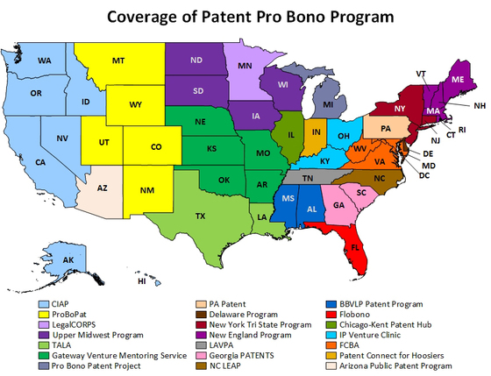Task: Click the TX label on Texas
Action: click(x=201, y=216)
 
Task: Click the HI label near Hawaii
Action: click(x=141, y=282)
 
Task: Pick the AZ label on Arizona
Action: click(x=102, y=188)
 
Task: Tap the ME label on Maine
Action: click(x=457, y=78)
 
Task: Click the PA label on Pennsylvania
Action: click(x=384, y=128)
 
